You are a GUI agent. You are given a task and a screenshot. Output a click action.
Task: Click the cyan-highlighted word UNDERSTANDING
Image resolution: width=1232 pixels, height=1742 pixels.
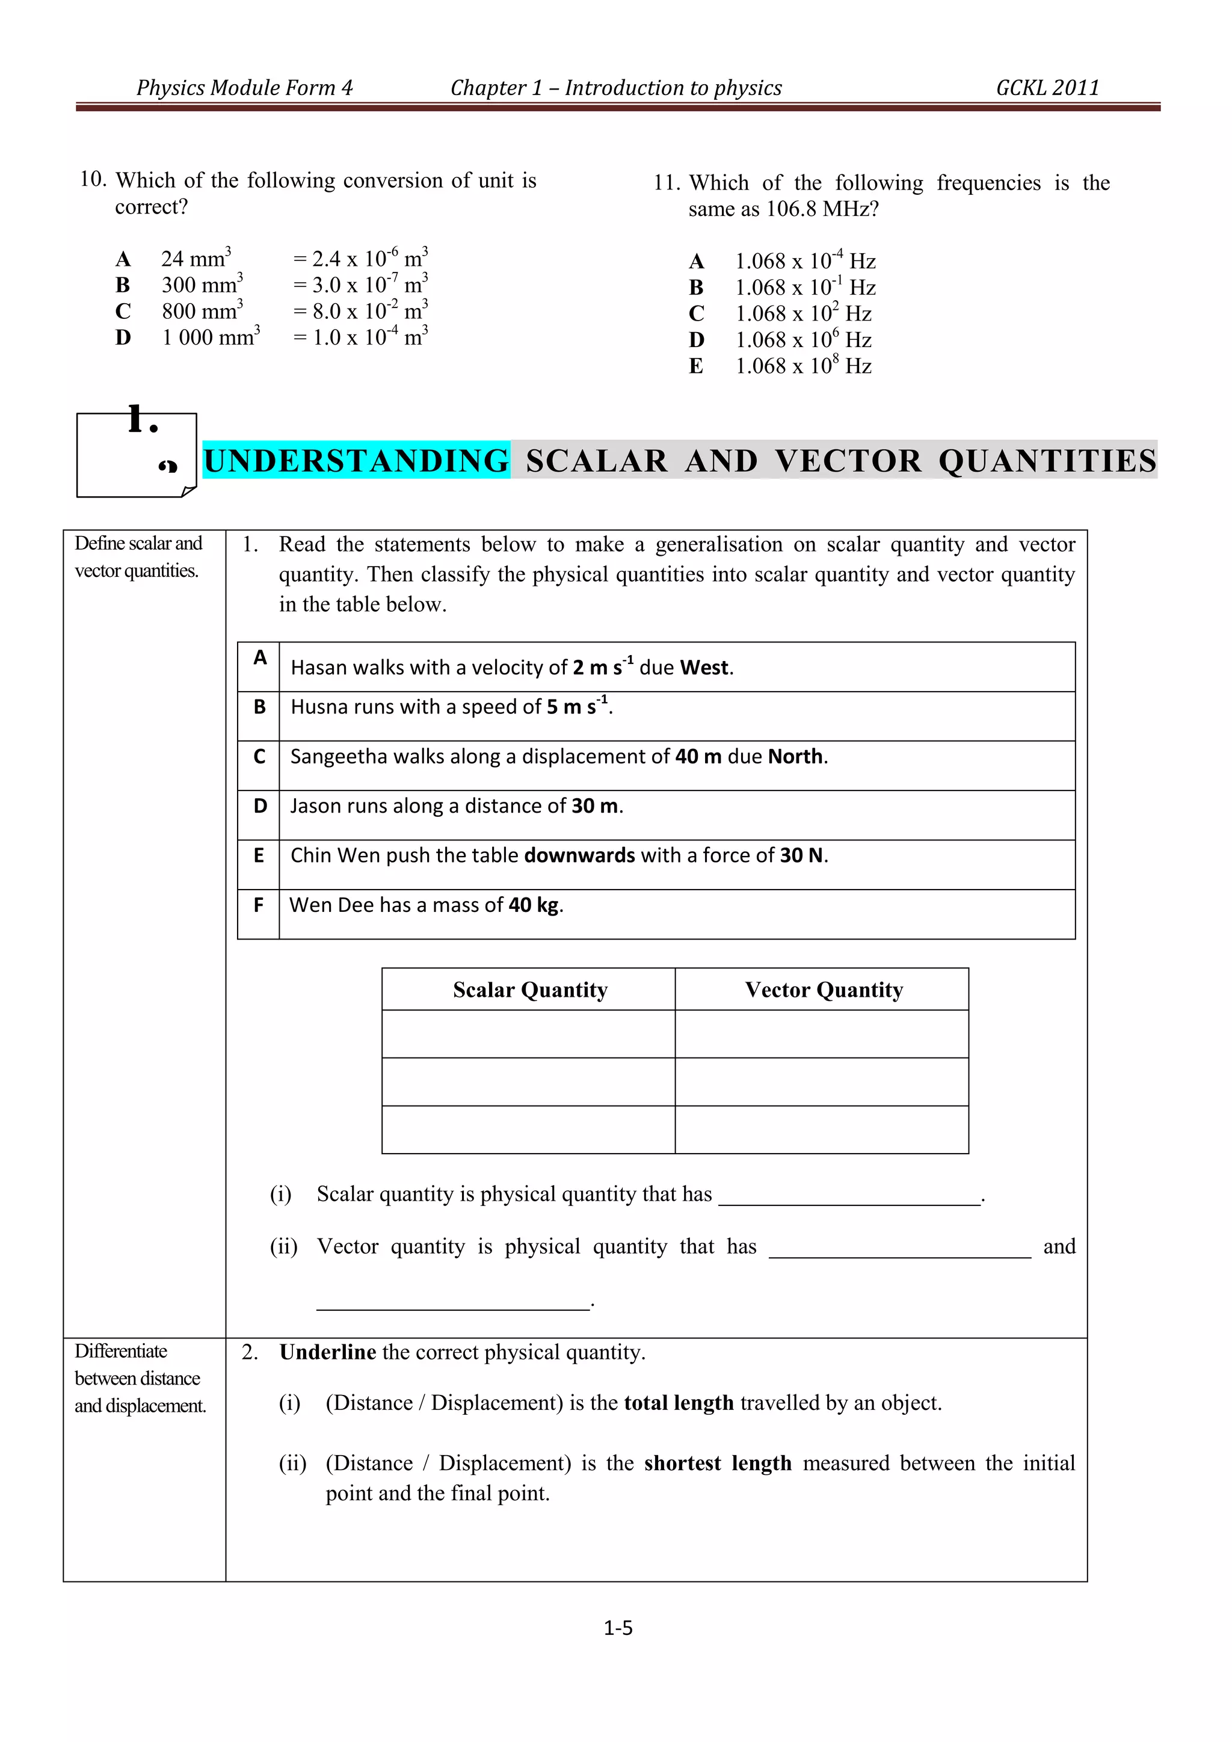357,461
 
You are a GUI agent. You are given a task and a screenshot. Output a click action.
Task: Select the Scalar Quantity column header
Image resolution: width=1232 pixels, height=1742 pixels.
529,989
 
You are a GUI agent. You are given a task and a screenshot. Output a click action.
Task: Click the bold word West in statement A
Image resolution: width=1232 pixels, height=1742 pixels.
705,668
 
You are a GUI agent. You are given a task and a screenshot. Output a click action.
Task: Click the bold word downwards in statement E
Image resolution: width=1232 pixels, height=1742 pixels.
579,856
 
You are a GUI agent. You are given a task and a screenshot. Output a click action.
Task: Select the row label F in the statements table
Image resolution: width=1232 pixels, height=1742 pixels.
259,905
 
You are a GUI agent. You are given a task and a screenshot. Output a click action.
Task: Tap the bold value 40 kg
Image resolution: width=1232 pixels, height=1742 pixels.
534,905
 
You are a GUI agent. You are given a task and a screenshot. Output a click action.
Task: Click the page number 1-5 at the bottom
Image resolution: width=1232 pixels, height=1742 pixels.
618,1628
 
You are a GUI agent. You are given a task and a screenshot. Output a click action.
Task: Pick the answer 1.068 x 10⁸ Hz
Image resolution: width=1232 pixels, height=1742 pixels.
802,366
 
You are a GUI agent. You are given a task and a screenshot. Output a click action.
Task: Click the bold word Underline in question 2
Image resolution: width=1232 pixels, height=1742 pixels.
328,1352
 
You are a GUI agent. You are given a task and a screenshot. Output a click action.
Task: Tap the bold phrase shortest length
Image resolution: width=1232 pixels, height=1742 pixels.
717,1463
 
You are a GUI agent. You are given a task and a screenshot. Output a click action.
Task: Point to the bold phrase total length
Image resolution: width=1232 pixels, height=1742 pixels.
678,1403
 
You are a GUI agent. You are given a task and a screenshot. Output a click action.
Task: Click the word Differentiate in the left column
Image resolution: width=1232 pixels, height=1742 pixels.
121,1351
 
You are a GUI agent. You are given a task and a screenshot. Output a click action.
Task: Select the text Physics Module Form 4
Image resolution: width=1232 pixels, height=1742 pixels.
244,88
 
